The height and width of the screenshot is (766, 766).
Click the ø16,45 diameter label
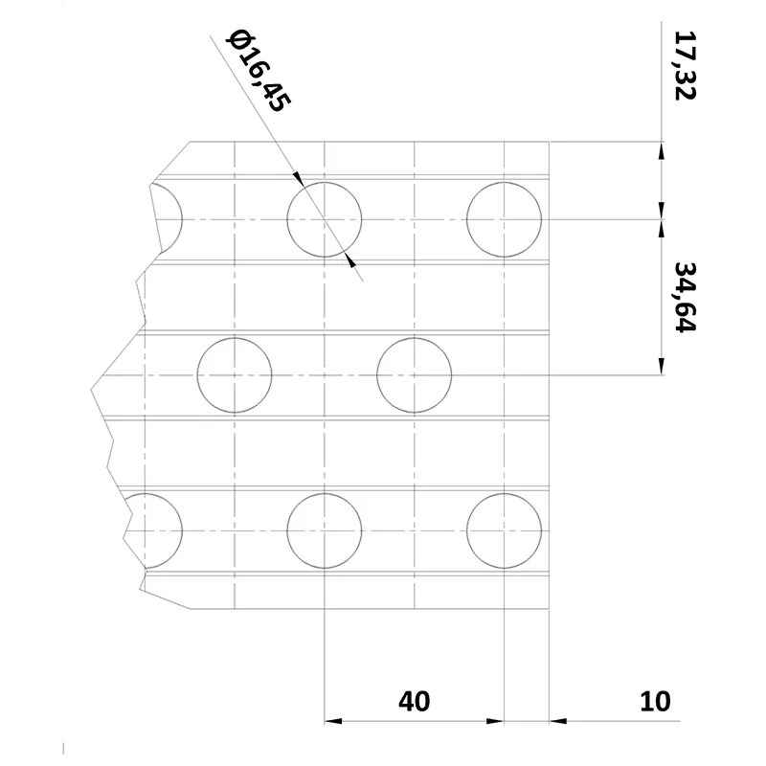click(256, 71)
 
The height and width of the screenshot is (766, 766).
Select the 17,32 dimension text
click(684, 65)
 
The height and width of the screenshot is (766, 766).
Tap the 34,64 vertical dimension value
click(684, 296)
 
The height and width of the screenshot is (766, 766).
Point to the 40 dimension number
click(414, 702)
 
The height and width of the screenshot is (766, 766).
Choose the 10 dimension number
click(655, 702)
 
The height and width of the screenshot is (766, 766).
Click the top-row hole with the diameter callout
click(325, 219)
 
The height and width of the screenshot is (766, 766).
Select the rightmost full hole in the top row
click(504, 219)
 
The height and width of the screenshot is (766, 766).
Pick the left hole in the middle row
click(235, 374)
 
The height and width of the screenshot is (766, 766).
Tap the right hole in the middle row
click(414, 374)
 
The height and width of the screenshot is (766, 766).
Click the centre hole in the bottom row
click(325, 530)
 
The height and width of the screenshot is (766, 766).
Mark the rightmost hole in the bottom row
click(504, 530)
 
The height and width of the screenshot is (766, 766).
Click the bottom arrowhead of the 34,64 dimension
click(661, 367)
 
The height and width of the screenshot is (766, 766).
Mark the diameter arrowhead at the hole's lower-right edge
click(349, 259)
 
